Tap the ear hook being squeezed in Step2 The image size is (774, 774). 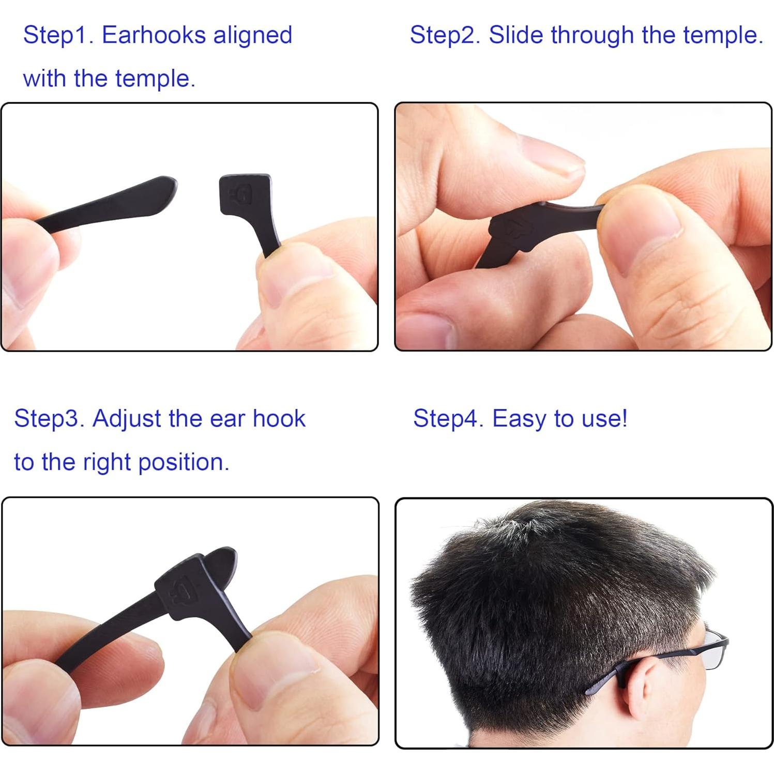pyautogui.click(x=527, y=227)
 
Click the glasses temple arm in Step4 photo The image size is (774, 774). pyautogui.click(x=667, y=657)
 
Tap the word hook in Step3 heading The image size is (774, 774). pyautogui.click(x=279, y=418)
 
